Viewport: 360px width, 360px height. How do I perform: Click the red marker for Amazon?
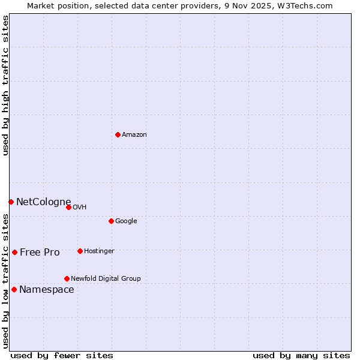tap(118, 134)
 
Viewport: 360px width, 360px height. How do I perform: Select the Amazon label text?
tap(134, 135)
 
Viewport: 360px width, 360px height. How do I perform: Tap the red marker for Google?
tap(111, 221)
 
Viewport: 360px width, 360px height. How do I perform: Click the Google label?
tap(126, 221)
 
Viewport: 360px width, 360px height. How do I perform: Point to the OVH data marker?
tap(68, 207)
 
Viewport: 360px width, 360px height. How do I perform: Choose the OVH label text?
tap(80, 208)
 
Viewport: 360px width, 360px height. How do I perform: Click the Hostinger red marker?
tap(80, 251)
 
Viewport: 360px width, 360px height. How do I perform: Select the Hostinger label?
tap(99, 251)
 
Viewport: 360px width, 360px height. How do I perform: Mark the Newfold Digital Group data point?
tap(67, 278)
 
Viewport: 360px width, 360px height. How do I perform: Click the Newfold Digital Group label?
tap(106, 279)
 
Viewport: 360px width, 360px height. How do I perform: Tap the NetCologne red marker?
tap(11, 202)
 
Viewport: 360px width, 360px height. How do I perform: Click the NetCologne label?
tap(44, 202)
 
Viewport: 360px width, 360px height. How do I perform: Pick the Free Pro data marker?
tap(14, 252)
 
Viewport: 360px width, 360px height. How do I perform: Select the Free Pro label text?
tap(40, 253)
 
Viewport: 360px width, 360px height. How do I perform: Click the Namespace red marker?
tap(14, 289)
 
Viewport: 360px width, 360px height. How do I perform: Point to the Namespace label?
tap(47, 290)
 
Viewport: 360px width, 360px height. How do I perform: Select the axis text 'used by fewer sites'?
tap(62, 355)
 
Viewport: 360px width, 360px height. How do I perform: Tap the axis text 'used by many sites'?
tap(301, 355)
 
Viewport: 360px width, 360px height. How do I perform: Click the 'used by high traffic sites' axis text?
tap(5, 85)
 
